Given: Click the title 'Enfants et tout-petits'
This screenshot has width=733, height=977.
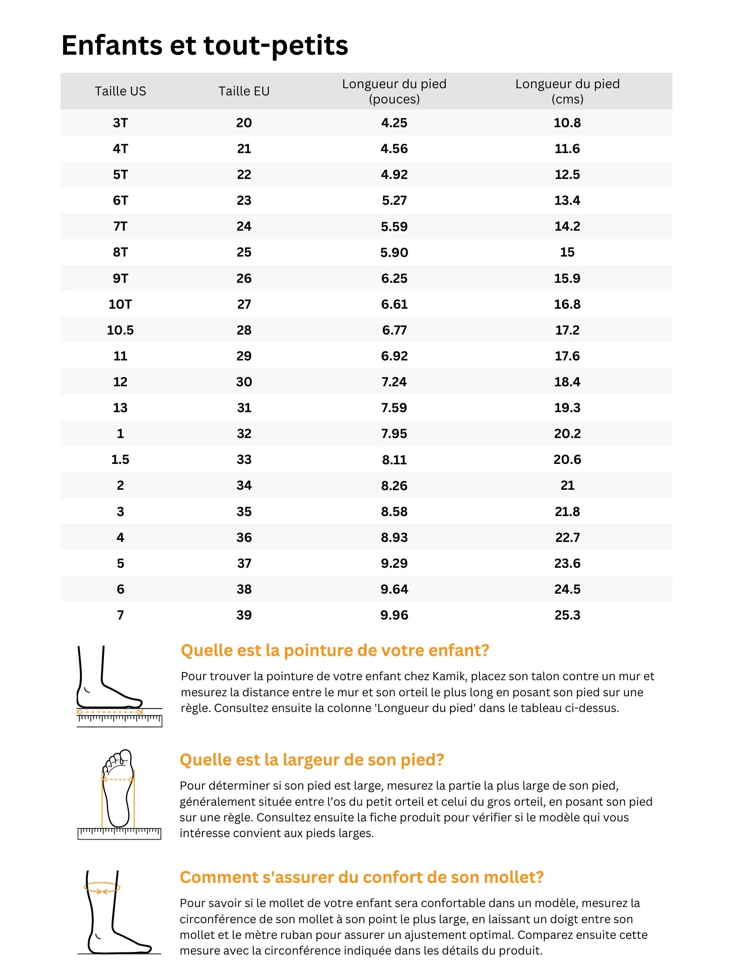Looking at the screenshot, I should pyautogui.click(x=204, y=45).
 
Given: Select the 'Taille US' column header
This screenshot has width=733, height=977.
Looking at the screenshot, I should pyautogui.click(x=120, y=91).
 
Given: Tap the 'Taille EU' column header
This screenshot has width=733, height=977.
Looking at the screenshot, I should pyautogui.click(x=244, y=91).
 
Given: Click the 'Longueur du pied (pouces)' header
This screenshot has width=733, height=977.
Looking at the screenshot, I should pyautogui.click(x=394, y=91).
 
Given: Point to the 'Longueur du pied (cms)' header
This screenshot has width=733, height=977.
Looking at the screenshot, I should pyautogui.click(x=567, y=91).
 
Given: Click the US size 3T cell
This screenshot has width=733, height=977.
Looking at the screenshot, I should pyautogui.click(x=120, y=123).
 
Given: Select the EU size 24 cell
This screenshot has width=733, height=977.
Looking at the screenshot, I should pyautogui.click(x=244, y=226).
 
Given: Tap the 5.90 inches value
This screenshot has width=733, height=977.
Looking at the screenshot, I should pyautogui.click(x=394, y=252).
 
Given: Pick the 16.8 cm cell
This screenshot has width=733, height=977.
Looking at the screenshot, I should pyautogui.click(x=567, y=304).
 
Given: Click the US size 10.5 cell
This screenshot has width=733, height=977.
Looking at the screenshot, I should pyautogui.click(x=120, y=330).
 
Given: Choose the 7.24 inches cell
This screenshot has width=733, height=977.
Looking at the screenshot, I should pyautogui.click(x=394, y=382).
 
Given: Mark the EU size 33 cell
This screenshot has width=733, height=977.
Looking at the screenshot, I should pyautogui.click(x=244, y=459).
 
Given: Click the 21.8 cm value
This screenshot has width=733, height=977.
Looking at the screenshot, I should pyautogui.click(x=567, y=511).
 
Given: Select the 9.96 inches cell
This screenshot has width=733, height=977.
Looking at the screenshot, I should pyautogui.click(x=394, y=615).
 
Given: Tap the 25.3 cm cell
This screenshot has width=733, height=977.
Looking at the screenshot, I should pyautogui.click(x=567, y=615).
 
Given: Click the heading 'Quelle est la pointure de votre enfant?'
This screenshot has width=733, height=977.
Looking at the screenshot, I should pyautogui.click(x=335, y=650).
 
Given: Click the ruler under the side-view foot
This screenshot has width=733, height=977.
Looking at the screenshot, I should pyautogui.click(x=119, y=720).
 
